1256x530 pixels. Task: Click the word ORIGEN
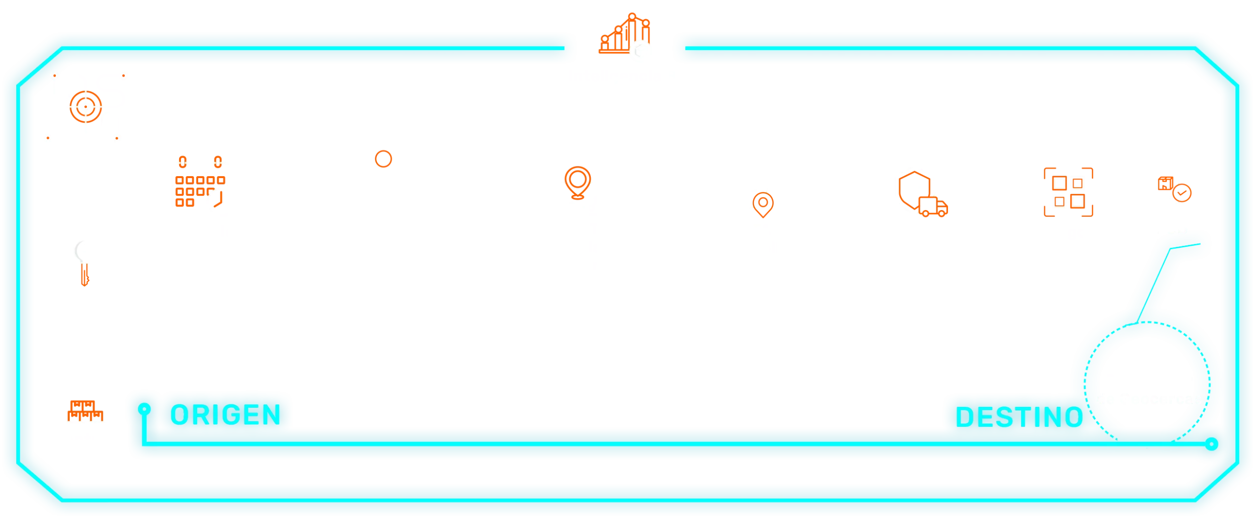point(225,415)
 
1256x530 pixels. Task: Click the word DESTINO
point(1019,418)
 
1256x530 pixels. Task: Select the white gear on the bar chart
point(642,51)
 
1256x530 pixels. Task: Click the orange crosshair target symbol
point(86,106)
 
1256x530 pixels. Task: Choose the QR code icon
point(1068,191)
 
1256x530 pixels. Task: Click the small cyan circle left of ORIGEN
point(144,408)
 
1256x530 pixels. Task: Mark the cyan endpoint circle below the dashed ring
point(1212,445)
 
